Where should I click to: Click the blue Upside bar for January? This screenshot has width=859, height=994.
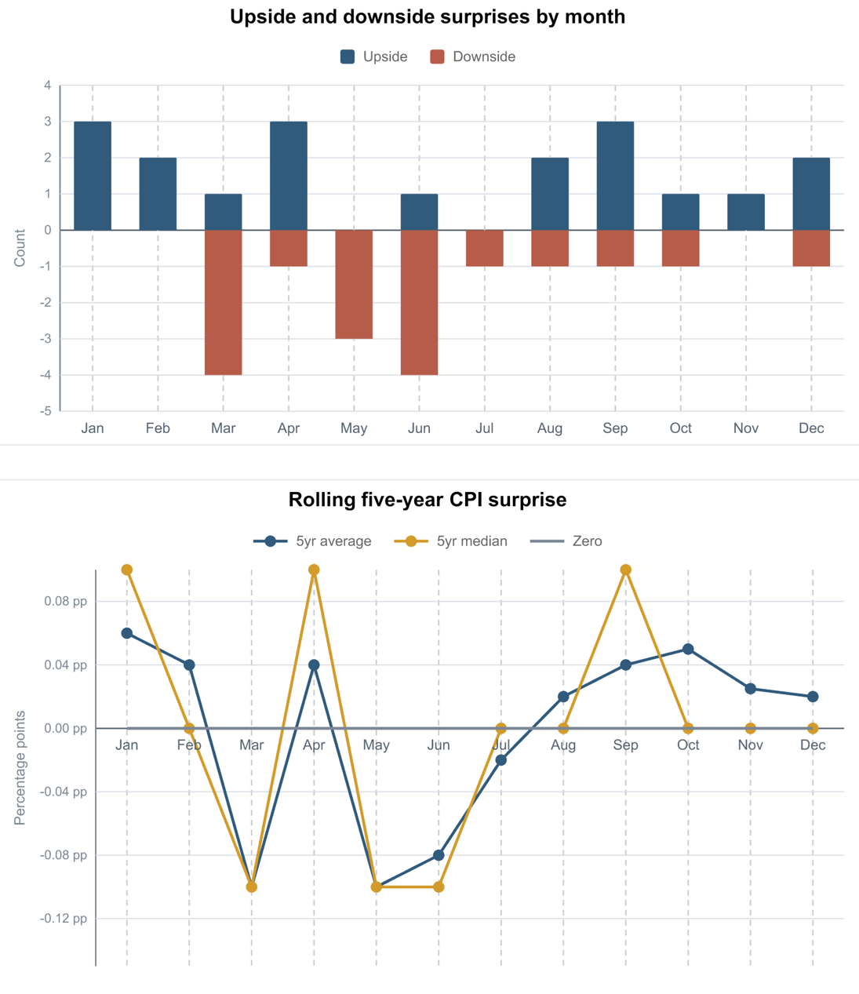coord(93,176)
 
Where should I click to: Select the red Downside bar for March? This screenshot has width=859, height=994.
coord(223,303)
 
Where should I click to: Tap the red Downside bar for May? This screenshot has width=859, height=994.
coord(354,284)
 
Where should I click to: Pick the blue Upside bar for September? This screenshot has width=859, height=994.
coord(615,176)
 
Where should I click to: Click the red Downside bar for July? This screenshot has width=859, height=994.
coord(485,248)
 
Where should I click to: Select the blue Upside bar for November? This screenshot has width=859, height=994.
coord(746,212)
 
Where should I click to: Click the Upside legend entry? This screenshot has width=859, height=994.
coord(373,56)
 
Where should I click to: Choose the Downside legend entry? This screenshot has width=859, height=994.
coord(473,56)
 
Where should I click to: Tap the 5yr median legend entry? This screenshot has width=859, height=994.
coord(450,541)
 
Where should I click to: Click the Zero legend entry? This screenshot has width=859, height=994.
coord(566,541)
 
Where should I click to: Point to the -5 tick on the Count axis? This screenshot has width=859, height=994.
coord(45,411)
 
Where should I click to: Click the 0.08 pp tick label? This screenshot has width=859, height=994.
coord(66,601)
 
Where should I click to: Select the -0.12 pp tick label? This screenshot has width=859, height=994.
coord(64,919)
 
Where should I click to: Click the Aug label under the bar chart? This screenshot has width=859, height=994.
coord(550,428)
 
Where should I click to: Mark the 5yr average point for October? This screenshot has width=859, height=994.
coord(688,650)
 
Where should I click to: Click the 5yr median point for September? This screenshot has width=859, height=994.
coord(626,570)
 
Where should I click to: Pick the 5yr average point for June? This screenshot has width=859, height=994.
coord(439,855)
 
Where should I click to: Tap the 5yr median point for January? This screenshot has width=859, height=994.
coord(127,570)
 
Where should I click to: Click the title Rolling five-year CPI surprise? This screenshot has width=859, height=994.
coord(428,500)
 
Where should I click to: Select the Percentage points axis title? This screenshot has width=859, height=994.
coord(20,767)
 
